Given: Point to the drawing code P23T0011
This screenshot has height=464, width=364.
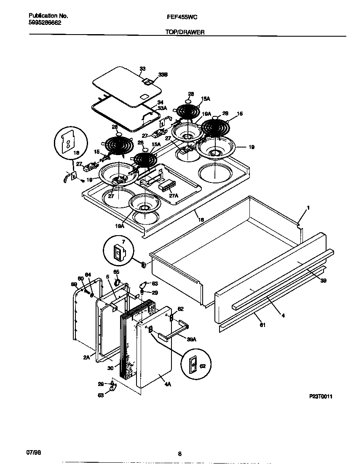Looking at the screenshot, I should coord(324,397).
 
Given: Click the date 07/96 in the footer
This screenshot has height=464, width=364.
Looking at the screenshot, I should coord(34,452).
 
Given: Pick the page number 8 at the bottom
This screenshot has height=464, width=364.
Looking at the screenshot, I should coord(179,454).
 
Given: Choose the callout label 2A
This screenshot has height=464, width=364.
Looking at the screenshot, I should coord(86,357).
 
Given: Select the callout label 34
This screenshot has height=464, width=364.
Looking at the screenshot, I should coord(160,102).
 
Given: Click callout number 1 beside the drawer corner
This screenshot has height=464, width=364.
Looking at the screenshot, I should coord(308,208).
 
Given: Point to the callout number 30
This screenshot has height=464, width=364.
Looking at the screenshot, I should coord(110,367).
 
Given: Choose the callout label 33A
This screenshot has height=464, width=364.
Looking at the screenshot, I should coord(161,108).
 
